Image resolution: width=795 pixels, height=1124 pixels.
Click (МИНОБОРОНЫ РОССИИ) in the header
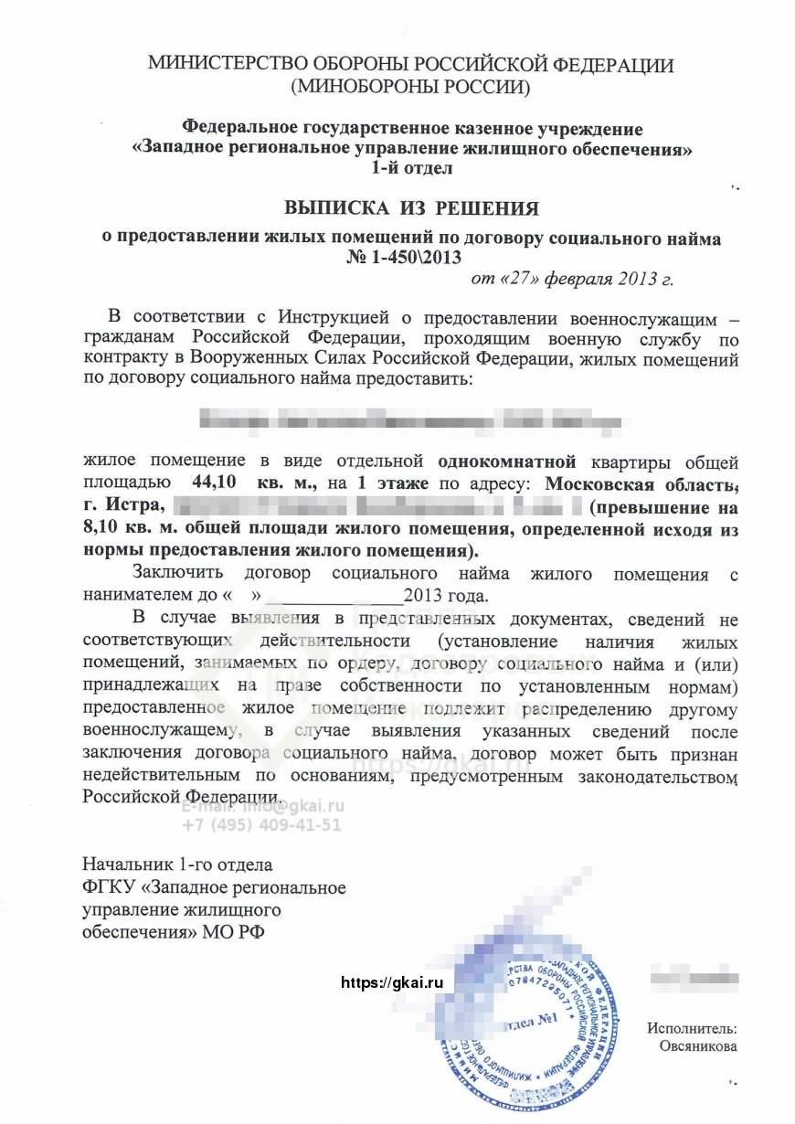[x=410, y=88]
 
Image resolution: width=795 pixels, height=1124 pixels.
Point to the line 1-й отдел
[x=410, y=167]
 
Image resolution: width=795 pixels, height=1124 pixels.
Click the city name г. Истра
[x=122, y=504]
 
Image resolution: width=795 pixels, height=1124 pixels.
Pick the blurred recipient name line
[x=410, y=421]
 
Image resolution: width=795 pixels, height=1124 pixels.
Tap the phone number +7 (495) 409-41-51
[x=261, y=824]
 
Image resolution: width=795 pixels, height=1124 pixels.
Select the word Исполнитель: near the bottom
[x=692, y=1028]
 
